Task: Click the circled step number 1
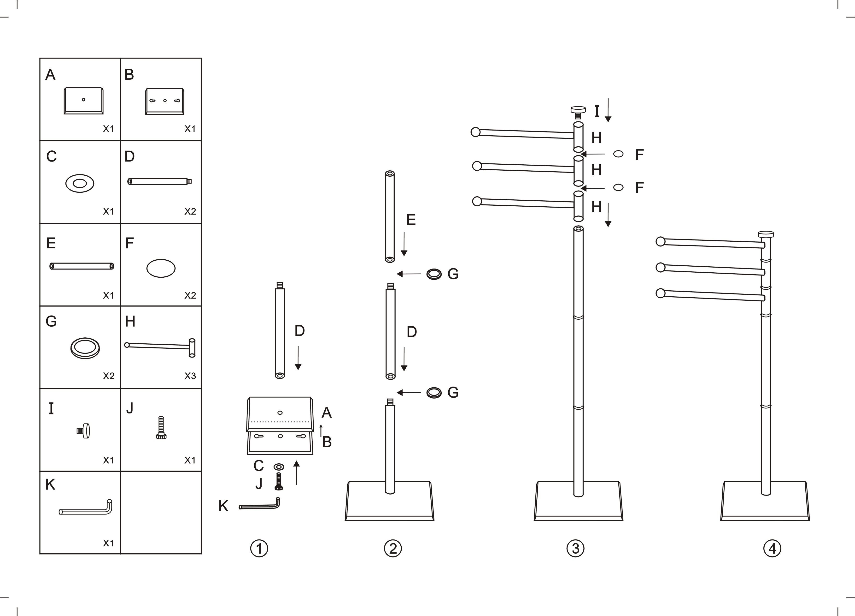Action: coord(259,549)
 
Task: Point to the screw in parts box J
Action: coord(161,428)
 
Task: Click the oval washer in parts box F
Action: coord(161,268)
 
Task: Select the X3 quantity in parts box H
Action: coord(190,376)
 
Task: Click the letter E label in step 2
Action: coord(411,220)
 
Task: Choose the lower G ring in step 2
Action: coord(434,393)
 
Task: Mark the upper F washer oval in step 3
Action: coord(618,154)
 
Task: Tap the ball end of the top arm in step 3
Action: coord(476,132)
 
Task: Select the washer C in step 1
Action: coord(279,467)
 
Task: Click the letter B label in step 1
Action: coord(327,442)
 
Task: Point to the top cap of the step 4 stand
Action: coord(766,234)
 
